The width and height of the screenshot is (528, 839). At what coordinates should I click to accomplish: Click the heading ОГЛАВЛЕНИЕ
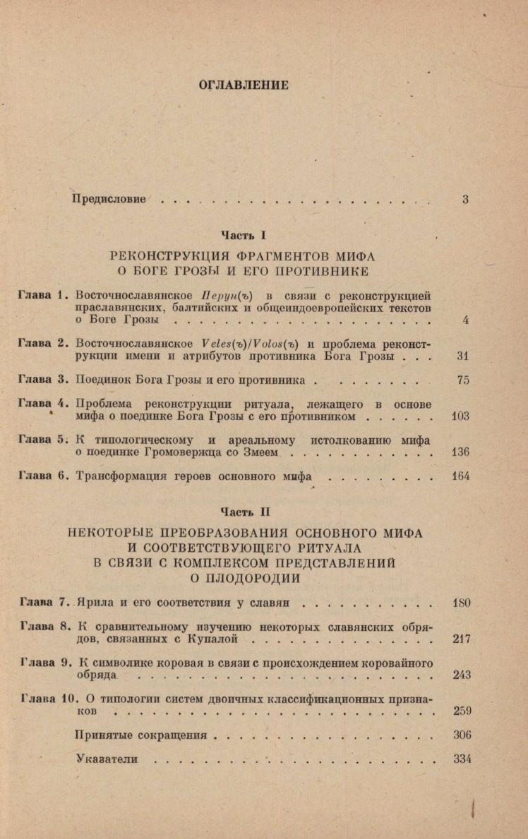point(244,85)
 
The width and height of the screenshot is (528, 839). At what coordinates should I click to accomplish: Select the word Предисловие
point(109,199)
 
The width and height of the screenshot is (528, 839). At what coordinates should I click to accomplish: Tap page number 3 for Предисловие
point(466,199)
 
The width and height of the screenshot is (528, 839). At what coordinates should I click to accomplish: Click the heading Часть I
point(244,234)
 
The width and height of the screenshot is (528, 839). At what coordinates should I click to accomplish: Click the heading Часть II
point(244,511)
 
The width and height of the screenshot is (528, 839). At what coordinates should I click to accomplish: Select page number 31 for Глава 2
point(463,356)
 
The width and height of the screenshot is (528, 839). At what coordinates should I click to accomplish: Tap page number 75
point(463,380)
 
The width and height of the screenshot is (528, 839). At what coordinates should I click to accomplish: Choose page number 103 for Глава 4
point(460,416)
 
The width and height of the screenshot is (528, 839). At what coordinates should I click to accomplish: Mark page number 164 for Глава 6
point(460,476)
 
